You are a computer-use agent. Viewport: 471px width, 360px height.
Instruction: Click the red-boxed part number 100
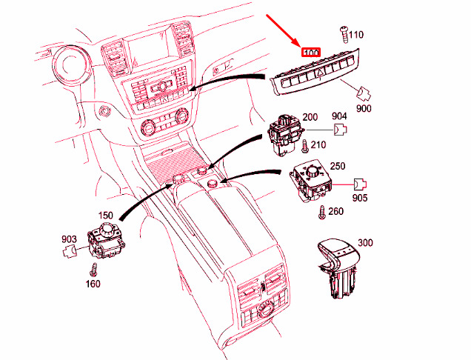click(x=311, y=53)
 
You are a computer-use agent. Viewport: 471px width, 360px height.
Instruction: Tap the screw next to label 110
click(x=344, y=35)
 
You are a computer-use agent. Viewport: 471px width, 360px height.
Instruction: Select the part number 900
click(x=364, y=108)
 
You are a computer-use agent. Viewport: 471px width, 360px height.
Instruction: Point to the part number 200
click(x=310, y=117)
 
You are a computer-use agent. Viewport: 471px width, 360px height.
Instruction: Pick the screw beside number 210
click(x=304, y=146)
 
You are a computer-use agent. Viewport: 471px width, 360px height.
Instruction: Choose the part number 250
click(x=338, y=166)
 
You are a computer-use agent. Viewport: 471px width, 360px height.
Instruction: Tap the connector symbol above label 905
click(x=360, y=184)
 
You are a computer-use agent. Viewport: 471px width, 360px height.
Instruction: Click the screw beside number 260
click(x=321, y=212)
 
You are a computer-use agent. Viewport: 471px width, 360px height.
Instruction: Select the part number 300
click(x=365, y=242)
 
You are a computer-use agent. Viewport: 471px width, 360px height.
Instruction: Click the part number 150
click(x=105, y=215)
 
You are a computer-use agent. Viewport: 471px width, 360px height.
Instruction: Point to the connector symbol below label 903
click(x=70, y=250)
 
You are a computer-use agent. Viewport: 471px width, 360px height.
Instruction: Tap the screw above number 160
click(x=94, y=270)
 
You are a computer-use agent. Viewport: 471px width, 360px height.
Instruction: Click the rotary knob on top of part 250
click(x=313, y=172)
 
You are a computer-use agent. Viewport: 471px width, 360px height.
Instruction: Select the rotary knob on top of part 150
click(x=107, y=229)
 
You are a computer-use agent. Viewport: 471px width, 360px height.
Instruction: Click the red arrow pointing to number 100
click(x=282, y=30)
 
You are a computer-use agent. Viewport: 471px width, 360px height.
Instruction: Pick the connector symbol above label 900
click(x=364, y=93)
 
